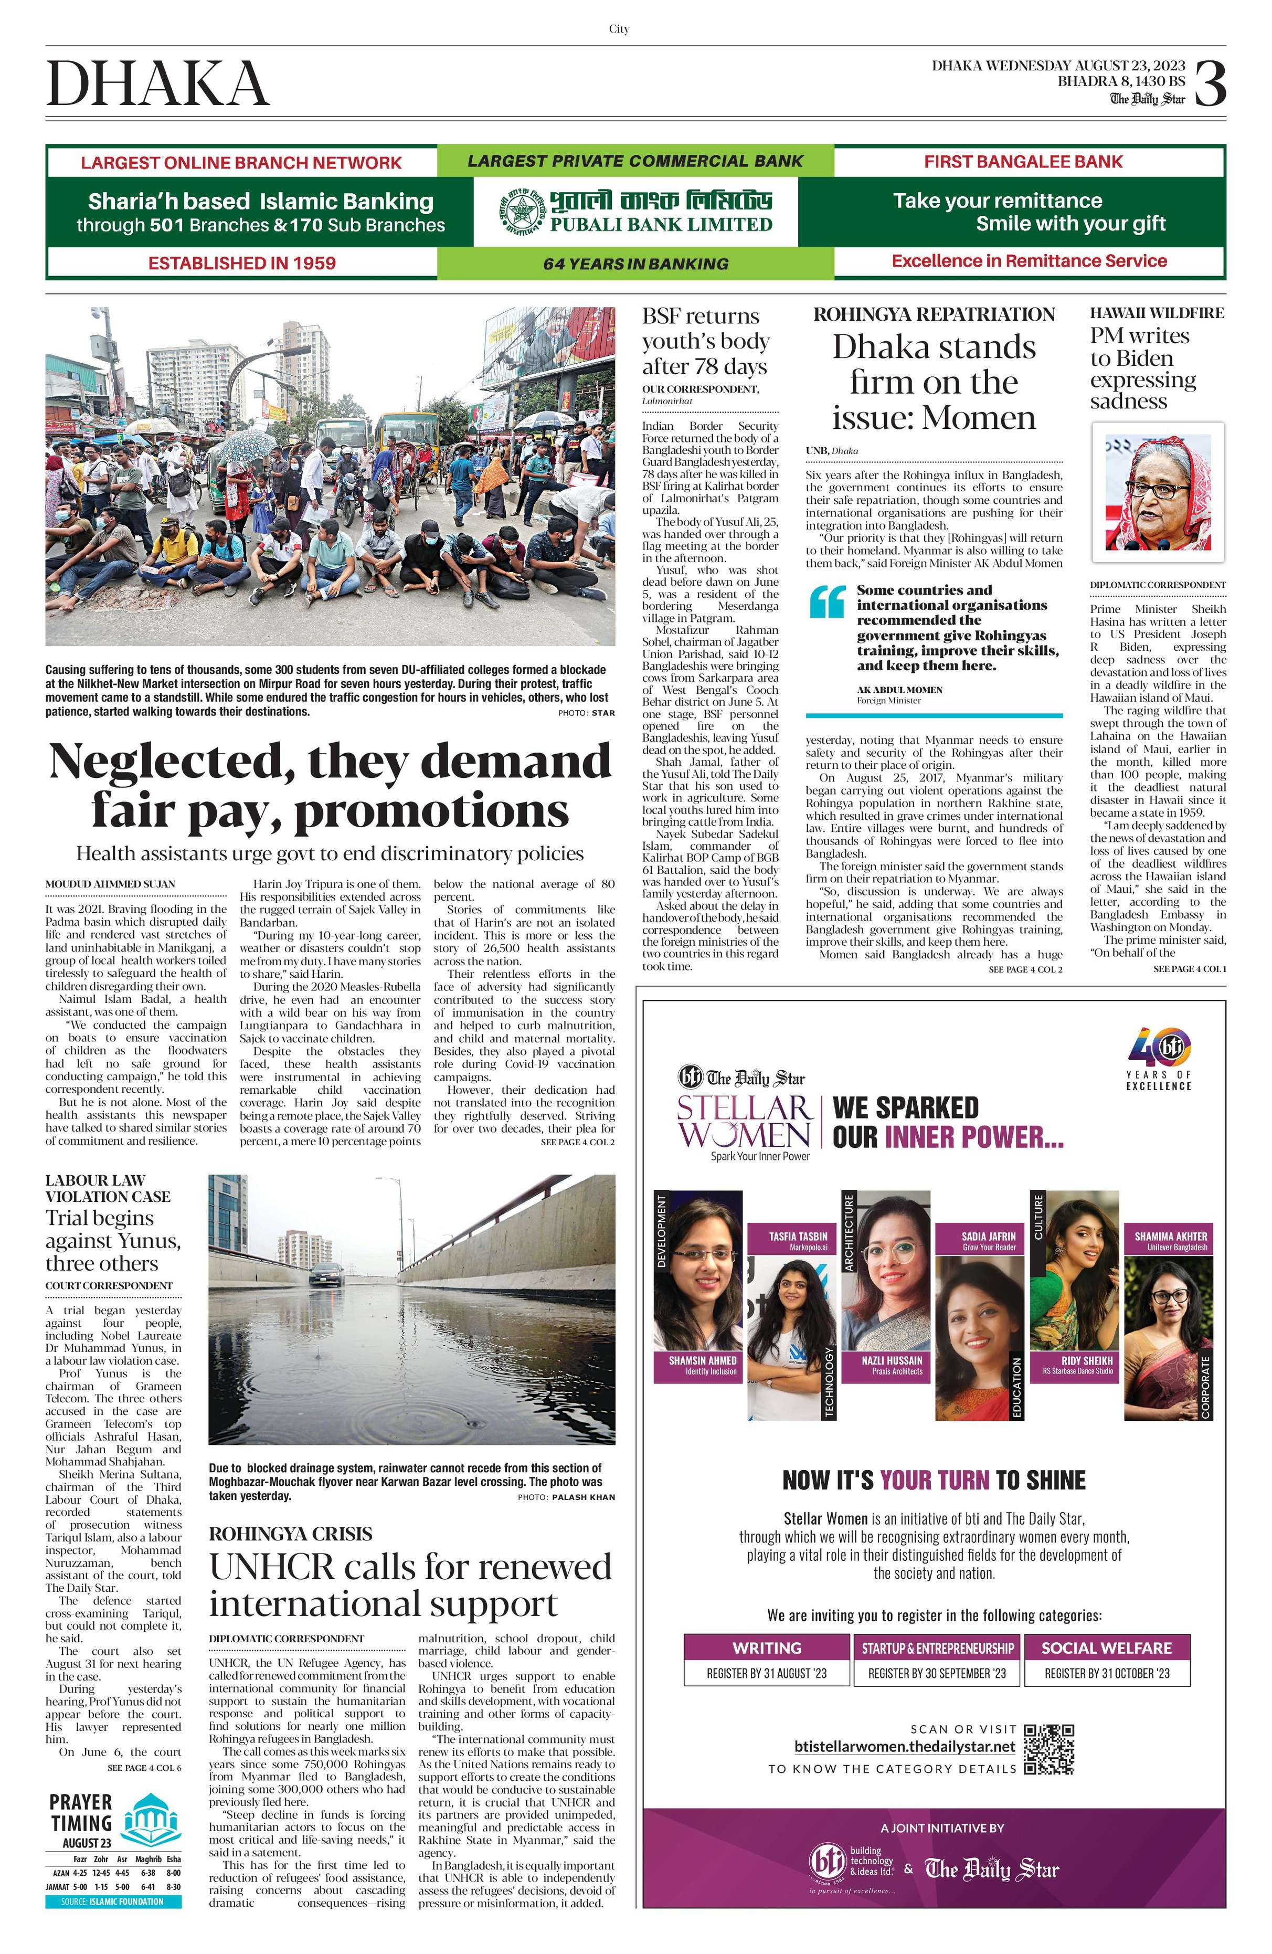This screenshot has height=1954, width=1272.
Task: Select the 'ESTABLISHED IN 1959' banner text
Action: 242,263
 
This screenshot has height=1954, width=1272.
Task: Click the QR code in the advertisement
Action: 1049,1749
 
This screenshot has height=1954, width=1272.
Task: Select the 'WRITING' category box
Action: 767,1648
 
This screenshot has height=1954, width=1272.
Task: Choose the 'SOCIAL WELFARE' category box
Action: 1106,1648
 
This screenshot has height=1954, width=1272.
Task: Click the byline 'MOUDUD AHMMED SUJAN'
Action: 110,884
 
